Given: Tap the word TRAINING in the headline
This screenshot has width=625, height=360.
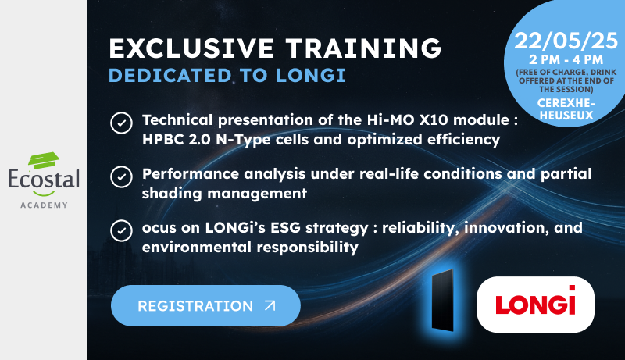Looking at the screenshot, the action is point(363,48).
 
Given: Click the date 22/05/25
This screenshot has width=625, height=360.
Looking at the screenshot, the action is point(566,41).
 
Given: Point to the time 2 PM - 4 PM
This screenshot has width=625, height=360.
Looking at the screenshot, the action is point(566,59).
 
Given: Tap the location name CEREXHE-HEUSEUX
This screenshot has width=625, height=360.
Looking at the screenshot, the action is point(566,109).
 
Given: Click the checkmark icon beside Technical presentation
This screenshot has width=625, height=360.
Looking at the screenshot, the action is point(121,123).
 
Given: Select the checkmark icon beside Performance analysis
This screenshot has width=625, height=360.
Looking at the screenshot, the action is point(121,176).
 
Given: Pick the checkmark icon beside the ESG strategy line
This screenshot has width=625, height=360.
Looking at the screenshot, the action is point(121,230).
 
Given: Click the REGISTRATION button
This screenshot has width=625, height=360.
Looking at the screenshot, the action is point(205,305).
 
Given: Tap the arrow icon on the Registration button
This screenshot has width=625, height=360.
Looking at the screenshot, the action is point(270,305).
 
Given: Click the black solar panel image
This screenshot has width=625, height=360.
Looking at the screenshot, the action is point(443,301).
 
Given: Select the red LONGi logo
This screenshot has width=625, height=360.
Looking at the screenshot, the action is point(535,301).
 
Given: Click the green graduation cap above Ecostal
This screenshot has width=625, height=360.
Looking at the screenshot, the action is point(44,161).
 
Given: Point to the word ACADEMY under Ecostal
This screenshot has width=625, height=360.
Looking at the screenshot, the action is point(44,205).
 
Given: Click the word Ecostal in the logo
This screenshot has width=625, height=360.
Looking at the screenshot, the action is point(44,179).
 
